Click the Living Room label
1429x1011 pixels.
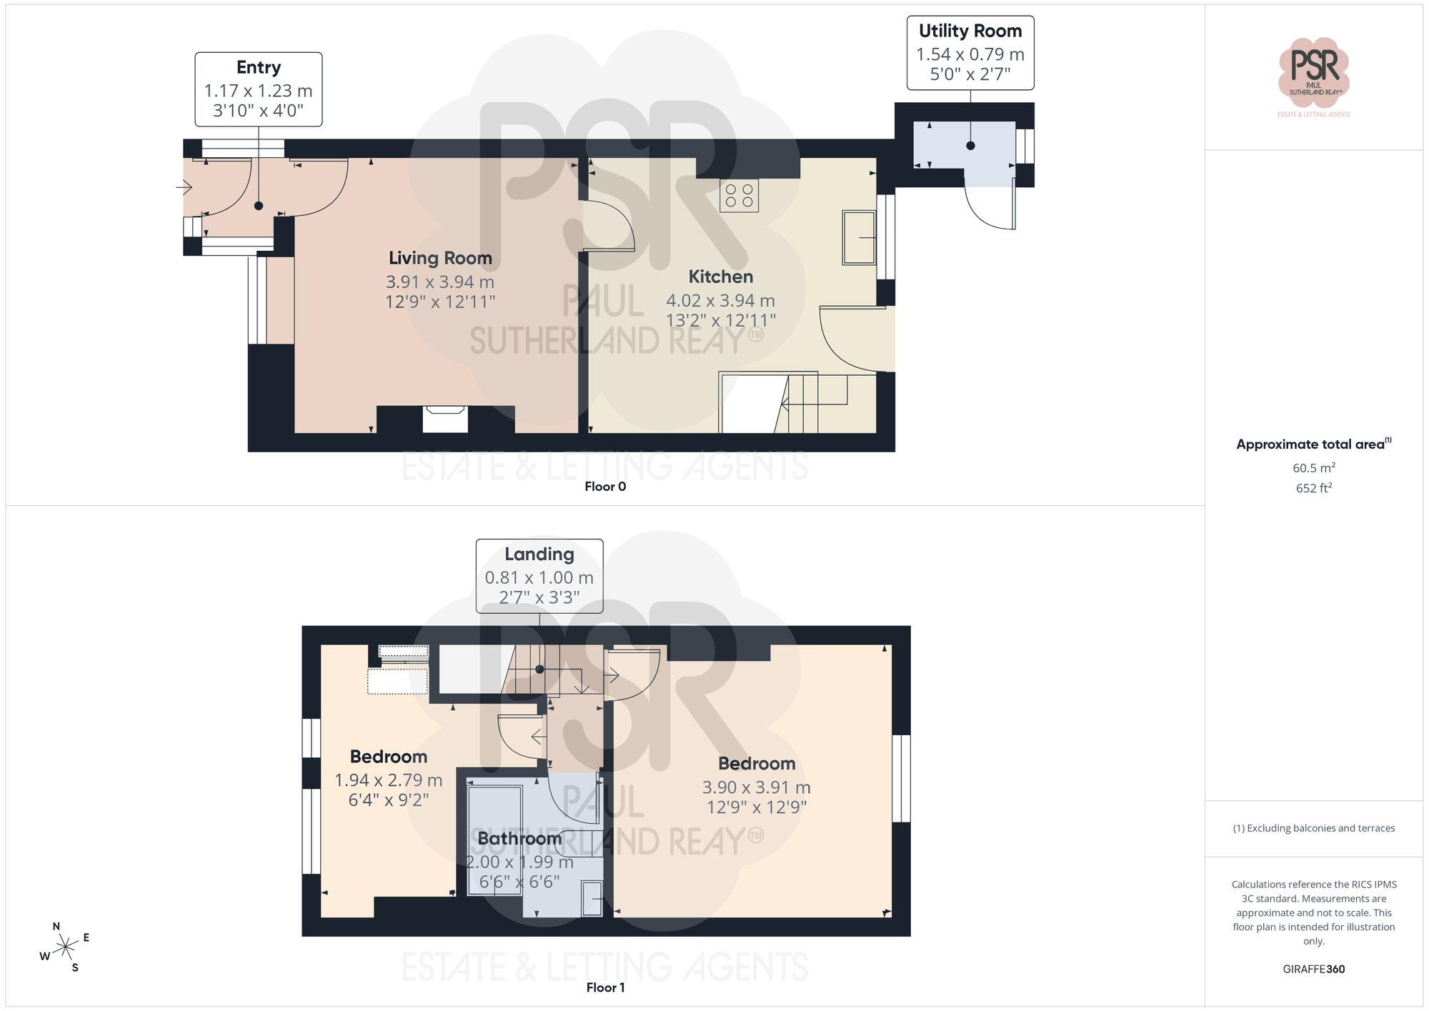[440, 258]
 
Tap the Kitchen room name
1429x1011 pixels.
[720, 277]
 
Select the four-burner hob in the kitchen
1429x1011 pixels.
[739, 196]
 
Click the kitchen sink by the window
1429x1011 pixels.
[859, 237]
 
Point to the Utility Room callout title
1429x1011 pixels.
[970, 31]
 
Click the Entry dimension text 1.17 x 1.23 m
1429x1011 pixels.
[259, 91]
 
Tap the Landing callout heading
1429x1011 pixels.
[539, 554]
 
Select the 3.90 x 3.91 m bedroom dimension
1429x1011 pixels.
[757, 787]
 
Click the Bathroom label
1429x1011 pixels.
[519, 838]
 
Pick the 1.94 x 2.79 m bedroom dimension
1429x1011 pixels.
[389, 780]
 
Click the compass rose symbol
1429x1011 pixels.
[65, 947]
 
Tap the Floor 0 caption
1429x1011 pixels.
[605, 487]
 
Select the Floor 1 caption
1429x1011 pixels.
[605, 987]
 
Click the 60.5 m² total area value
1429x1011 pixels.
[1314, 468]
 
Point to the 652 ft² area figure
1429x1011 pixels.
[1314, 488]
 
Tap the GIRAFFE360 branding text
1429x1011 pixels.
[1314, 969]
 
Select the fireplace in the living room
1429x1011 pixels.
[445, 419]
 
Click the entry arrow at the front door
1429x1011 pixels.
[184, 188]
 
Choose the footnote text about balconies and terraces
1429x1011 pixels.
[1314, 828]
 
